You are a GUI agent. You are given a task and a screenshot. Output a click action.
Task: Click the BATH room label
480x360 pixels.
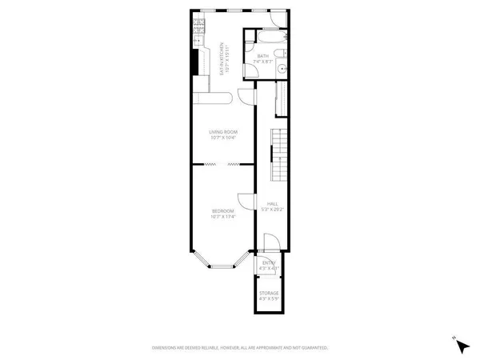[x=264, y=55]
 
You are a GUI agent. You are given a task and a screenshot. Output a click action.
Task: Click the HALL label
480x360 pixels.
[x=271, y=204]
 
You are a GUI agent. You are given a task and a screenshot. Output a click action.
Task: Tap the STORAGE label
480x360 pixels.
[x=268, y=294]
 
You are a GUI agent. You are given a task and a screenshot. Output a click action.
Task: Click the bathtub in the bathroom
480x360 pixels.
[x=265, y=38]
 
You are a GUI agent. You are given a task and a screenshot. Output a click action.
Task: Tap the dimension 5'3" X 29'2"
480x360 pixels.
[x=271, y=210]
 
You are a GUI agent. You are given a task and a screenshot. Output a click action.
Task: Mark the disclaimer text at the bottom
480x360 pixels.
[x=240, y=348]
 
